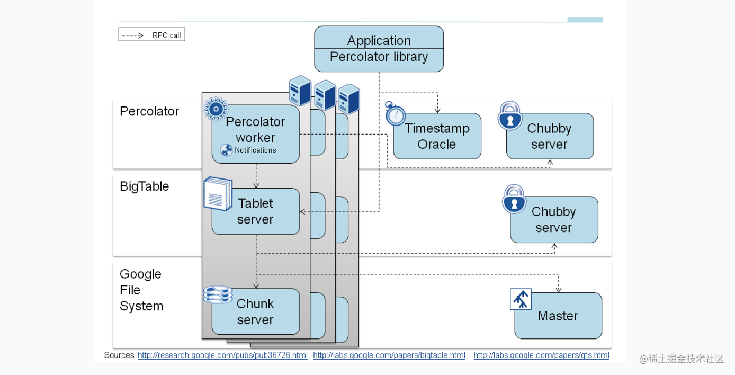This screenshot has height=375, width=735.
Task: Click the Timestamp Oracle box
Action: click(437, 136)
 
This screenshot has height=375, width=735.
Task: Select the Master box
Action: click(558, 316)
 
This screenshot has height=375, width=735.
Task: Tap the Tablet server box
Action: click(256, 211)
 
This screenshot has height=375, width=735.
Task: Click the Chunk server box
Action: click(256, 311)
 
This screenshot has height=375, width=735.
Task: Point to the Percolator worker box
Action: click(256, 134)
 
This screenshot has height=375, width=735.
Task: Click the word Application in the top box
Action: click(379, 41)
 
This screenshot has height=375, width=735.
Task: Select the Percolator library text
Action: click(379, 57)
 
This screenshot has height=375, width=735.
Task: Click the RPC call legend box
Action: click(152, 34)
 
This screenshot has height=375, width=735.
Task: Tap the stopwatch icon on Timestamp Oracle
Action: click(395, 113)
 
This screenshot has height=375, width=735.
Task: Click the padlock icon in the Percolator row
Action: click(509, 115)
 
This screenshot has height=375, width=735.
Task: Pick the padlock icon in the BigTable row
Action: click(514, 199)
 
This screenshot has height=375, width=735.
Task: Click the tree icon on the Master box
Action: click(521, 299)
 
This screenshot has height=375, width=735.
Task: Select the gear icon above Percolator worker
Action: click(216, 109)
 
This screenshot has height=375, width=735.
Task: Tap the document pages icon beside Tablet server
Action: click(218, 193)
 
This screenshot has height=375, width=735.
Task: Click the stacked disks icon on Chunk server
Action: click(218, 294)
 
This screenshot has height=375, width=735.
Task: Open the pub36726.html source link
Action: click(222, 355)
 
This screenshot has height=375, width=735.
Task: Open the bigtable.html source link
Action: click(389, 355)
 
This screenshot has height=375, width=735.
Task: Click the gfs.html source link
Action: click(541, 355)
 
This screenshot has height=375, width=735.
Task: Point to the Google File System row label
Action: click(141, 290)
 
